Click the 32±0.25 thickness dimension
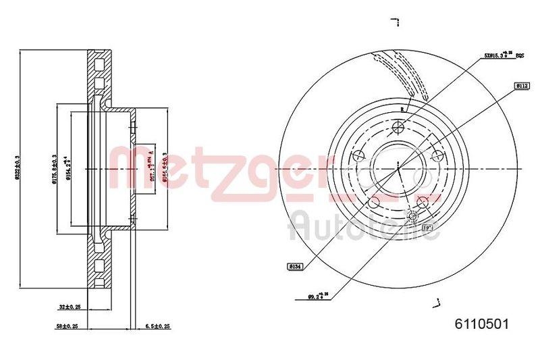point(70,306)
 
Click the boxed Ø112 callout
point(522,86)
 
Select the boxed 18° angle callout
point(427,228)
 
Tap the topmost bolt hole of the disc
point(399,126)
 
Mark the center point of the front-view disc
point(399,168)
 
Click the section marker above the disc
point(398,24)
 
